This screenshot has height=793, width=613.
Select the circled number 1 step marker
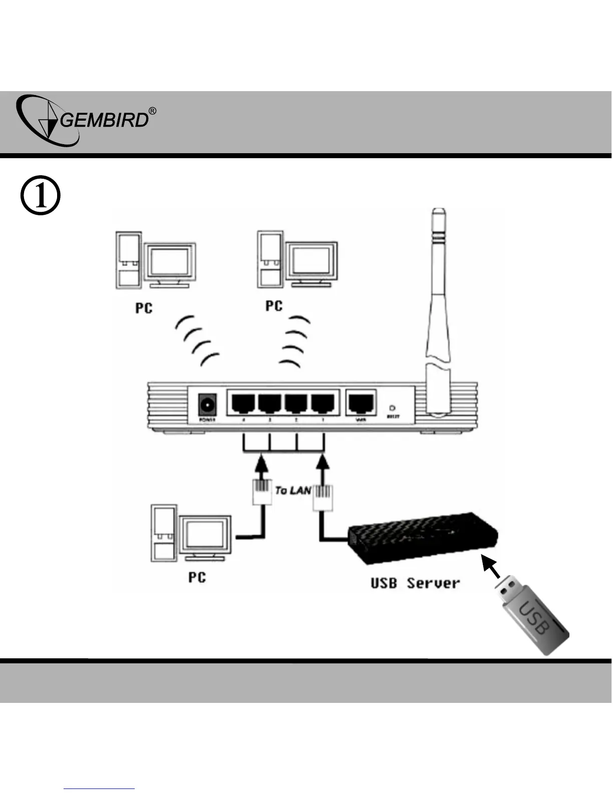(x=40, y=196)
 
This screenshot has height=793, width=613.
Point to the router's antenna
(x=437, y=300)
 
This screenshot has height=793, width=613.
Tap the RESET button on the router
(x=393, y=409)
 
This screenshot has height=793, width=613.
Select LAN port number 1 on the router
(x=323, y=402)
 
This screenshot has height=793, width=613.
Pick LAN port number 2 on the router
(x=296, y=402)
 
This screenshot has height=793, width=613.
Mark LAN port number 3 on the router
(x=269, y=402)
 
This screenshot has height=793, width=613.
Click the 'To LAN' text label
(x=293, y=490)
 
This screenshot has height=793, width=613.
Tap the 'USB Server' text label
(x=415, y=583)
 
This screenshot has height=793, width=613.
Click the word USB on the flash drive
(x=535, y=619)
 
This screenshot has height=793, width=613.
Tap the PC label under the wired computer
(x=197, y=577)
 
